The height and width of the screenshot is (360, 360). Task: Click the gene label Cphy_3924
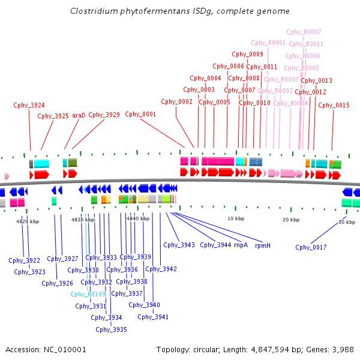[x=29, y=105]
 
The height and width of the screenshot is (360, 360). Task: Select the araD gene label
[x=79, y=115]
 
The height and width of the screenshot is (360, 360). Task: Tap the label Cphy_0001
[x=140, y=114]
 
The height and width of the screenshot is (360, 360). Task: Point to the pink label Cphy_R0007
[x=304, y=32]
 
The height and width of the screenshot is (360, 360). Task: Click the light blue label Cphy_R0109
[x=88, y=294]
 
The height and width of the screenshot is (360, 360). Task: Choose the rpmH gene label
[x=263, y=245]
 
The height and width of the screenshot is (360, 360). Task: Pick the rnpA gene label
[x=241, y=245]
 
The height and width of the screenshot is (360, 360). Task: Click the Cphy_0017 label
[x=311, y=247]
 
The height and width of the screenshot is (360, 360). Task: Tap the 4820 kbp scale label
[x=28, y=221]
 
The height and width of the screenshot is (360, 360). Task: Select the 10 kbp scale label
[x=236, y=218]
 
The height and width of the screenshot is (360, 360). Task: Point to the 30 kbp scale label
[x=347, y=222]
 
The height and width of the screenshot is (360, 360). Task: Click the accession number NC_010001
[x=65, y=350]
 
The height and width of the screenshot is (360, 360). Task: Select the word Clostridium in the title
[x=94, y=11]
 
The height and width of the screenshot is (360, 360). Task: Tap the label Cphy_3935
[x=111, y=329]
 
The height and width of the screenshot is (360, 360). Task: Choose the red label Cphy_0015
[x=334, y=105]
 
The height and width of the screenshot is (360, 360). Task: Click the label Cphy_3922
[x=25, y=260]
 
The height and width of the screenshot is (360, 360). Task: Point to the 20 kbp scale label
[x=291, y=220]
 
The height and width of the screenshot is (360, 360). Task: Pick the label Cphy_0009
[x=247, y=54]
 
